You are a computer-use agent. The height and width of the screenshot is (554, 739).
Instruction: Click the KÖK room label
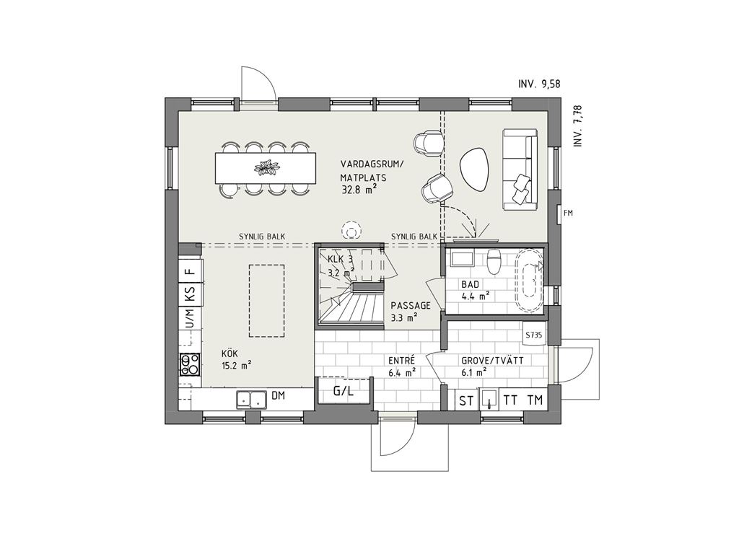pyautogui.click(x=230, y=353)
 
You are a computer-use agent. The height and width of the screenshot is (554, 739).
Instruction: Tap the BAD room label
pyautogui.click(x=470, y=284)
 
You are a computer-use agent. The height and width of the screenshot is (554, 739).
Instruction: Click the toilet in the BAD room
pyautogui.click(x=494, y=261)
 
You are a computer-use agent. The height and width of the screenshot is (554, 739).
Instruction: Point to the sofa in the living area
pyautogui.click(x=520, y=169)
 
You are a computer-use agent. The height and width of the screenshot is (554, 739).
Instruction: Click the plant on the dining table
pyautogui.click(x=266, y=167)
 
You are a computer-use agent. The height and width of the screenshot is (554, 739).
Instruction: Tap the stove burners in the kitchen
pyautogui.click(x=191, y=364)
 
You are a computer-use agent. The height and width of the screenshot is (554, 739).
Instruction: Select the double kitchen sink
pyautogui.click(x=250, y=400)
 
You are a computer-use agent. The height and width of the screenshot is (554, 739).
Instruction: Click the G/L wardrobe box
pyautogui.click(x=343, y=390)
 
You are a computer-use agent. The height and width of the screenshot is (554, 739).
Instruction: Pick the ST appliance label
pyautogui.click(x=467, y=401)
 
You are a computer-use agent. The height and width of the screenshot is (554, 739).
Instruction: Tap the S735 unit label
pyautogui.click(x=534, y=335)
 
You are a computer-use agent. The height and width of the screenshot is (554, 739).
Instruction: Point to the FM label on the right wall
pyautogui.click(x=568, y=213)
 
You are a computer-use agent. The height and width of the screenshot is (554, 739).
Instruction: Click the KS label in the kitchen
pyautogui.click(x=191, y=293)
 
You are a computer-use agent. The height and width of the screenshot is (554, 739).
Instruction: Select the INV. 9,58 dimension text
pyautogui.click(x=539, y=84)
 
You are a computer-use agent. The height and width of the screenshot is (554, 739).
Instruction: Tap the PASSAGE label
pyautogui.click(x=411, y=305)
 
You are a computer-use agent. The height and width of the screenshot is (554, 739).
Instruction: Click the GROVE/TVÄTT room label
pyautogui.click(x=492, y=361)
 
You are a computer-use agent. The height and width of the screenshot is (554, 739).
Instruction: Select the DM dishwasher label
pyautogui.click(x=279, y=396)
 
